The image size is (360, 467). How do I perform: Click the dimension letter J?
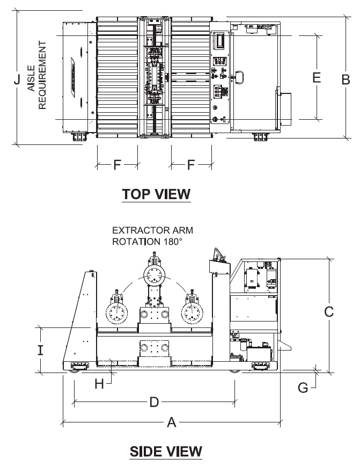(x=17, y=79)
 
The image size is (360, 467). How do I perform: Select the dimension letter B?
(x=346, y=79)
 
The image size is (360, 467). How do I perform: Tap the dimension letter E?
(x=317, y=77)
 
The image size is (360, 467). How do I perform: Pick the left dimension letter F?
(x=117, y=164)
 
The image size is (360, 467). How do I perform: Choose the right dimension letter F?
(x=191, y=164)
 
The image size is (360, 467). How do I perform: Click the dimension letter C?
(x=329, y=312)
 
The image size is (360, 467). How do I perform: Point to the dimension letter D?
(x=154, y=403)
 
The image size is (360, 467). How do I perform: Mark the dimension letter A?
(x=171, y=422)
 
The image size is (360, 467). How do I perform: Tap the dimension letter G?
(x=303, y=388)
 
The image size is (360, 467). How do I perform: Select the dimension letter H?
(x=99, y=384)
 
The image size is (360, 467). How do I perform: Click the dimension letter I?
(x=40, y=350)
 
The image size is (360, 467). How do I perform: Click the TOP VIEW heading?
(x=156, y=194)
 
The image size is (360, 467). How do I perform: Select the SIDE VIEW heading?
(x=166, y=451)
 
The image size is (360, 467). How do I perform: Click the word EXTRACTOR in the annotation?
(x=136, y=230)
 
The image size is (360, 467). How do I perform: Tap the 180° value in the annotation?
(x=172, y=241)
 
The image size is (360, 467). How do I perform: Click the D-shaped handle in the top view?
(x=239, y=77)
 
